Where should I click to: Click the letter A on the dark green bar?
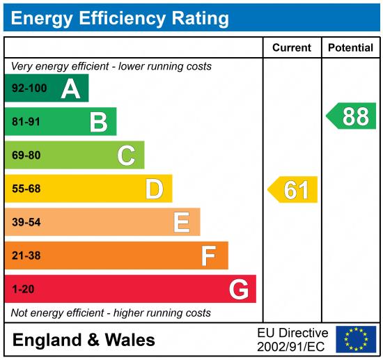[70, 88]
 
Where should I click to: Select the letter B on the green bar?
[98, 123]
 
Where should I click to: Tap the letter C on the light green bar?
[126, 155]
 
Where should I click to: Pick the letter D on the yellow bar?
[154, 189]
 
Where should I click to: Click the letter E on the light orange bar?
[181, 222]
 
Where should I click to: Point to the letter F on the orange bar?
[208, 256]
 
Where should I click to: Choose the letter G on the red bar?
[238, 289]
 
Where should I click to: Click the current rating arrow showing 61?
[293, 189]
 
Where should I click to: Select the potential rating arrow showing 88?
[352, 116]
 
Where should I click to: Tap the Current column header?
[292, 48]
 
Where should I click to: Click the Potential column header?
[350, 48]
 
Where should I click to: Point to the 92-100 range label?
[29, 88]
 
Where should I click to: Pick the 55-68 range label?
[26, 189]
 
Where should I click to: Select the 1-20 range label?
[23, 289]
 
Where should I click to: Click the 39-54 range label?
[26, 222]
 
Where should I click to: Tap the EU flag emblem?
[355, 339]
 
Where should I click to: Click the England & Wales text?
[84, 340]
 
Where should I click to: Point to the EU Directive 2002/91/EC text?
[292, 339]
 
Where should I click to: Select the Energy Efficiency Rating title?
[120, 17]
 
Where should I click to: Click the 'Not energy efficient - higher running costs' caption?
[111, 313]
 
